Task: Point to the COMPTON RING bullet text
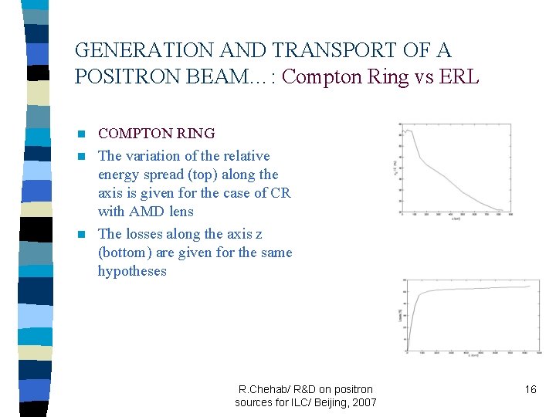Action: (156, 134)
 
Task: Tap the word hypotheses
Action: (132, 271)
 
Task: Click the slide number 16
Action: (530, 389)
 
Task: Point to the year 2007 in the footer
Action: (363, 402)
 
